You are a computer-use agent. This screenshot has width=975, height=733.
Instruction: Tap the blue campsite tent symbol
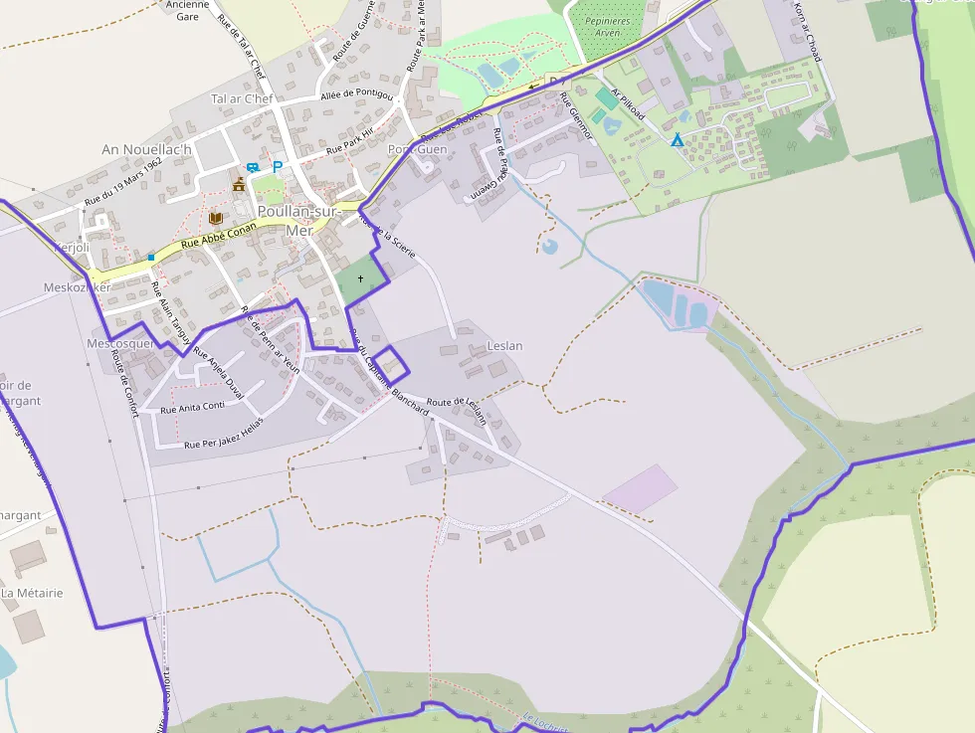click(678, 140)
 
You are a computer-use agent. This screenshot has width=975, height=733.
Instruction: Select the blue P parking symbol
click(278, 167)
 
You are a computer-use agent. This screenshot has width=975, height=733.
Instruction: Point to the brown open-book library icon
click(216, 217)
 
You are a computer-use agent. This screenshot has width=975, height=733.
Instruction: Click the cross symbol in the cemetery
click(360, 279)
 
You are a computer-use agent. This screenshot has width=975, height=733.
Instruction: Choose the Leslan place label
click(505, 346)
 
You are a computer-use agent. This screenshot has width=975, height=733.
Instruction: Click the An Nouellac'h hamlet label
click(145, 149)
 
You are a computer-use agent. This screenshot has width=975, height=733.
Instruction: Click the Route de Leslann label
click(458, 409)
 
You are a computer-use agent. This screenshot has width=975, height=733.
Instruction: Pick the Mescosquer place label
click(120, 344)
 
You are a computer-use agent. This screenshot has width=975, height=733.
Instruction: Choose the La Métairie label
click(32, 593)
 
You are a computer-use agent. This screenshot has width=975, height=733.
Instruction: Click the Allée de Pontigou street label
click(357, 94)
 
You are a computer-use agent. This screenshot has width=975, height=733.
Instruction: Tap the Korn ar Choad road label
click(807, 30)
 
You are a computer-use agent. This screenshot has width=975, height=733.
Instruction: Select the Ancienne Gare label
click(187, 10)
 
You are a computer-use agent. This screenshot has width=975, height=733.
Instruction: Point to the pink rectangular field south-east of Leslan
click(640, 488)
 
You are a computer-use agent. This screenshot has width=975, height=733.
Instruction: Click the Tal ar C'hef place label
click(242, 98)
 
